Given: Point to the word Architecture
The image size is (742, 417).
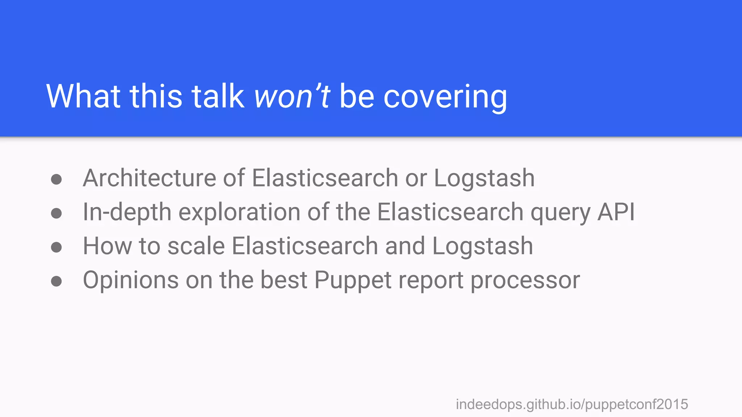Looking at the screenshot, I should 150,178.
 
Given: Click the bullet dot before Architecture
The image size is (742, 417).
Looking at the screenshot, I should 57,179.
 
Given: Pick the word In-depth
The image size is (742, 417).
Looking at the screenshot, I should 127,212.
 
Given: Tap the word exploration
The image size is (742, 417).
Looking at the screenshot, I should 239,212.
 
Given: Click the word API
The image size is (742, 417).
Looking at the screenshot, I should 616,212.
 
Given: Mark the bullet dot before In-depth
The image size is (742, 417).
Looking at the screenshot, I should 57,213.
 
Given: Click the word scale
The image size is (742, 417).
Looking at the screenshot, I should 196,246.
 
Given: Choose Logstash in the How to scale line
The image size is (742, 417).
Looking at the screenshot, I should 483,246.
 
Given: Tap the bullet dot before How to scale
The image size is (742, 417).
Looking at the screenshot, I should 57,247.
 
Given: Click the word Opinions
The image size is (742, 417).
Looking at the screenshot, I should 131,281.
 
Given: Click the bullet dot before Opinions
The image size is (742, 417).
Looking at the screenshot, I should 57,281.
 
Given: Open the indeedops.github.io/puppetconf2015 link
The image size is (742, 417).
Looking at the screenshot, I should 572,404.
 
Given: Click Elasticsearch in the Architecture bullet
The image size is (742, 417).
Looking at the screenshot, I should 325,178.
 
